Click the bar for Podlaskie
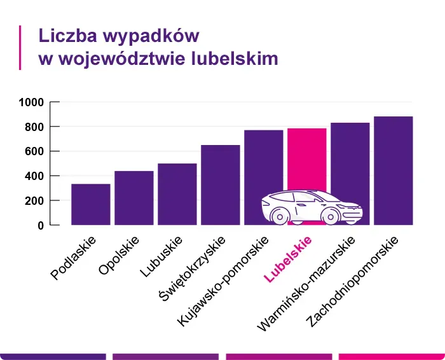pos(90,204)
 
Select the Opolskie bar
pos(133,198)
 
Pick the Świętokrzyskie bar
pos(220,184)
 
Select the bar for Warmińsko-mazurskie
pos(350,159)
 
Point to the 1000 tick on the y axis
pos(31,102)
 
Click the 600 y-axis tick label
pos(34,151)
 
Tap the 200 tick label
pos(34,201)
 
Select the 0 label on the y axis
pos(40,226)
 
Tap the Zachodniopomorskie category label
pos(352,282)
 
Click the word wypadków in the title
pos(147,35)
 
